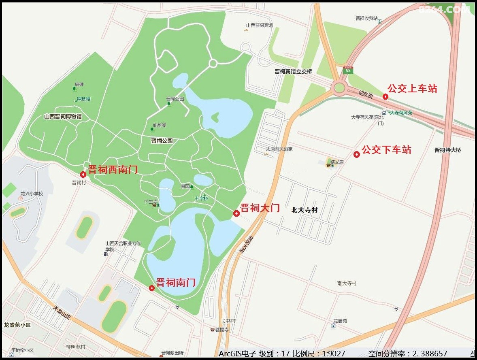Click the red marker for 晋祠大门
point(236,213)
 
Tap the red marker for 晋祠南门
point(152,288)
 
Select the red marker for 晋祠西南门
point(83,175)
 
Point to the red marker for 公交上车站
point(385,96)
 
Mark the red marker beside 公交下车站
point(357,154)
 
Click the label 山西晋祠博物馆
point(63,117)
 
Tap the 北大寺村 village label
point(305,210)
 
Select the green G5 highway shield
point(347,70)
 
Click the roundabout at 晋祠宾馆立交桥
point(339,87)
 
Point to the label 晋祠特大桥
point(447,150)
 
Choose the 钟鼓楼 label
point(83,99)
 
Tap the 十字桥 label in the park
point(201,198)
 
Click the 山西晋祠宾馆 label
point(259,25)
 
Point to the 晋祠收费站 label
point(366,18)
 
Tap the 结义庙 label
point(337,162)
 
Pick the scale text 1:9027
point(334,354)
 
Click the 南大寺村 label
point(347,283)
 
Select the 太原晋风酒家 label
point(279,149)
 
